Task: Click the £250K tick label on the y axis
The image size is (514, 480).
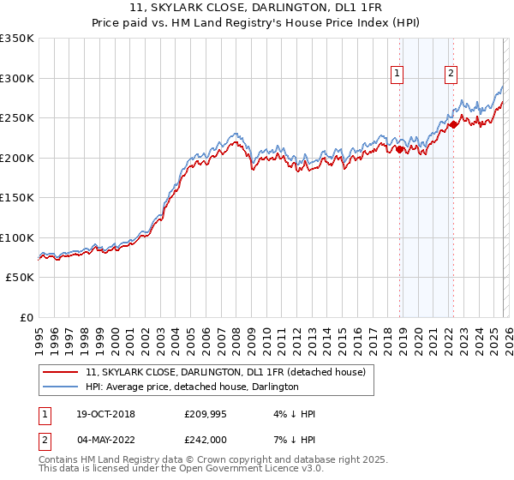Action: coord(17,118)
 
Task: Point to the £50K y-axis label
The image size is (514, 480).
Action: coord(20,278)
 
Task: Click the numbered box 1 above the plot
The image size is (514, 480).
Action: coord(398,75)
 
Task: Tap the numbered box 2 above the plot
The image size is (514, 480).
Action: coord(451,75)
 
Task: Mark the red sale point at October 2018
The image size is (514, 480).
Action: coord(399,150)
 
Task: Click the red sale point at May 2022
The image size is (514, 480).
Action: coord(453,124)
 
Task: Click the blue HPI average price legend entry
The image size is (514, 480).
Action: coord(192,387)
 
